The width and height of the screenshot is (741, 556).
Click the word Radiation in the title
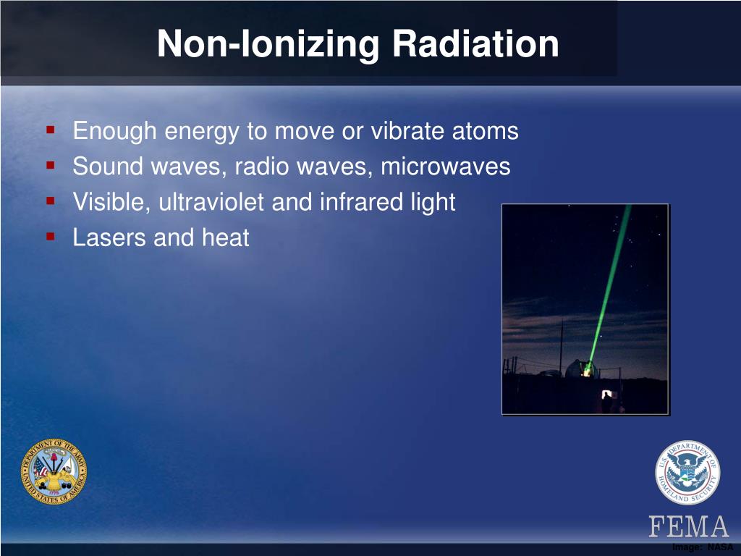point(475,44)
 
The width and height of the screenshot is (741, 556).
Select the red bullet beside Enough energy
point(51,129)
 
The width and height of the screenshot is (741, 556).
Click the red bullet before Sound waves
point(51,165)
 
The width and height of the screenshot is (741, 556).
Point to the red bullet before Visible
point(51,201)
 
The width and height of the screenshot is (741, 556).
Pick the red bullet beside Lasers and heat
point(51,236)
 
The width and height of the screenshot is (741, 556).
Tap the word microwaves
point(446,167)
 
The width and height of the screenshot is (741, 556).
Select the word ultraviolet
point(211,202)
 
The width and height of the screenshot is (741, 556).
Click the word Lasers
point(109,237)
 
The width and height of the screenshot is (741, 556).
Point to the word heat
point(226,237)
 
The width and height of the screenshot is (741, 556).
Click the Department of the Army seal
point(54,471)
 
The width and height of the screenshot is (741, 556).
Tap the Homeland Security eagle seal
point(687,473)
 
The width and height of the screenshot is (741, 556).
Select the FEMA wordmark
point(689,526)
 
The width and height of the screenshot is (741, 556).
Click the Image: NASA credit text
point(703,547)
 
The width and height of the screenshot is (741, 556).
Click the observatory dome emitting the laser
point(580,368)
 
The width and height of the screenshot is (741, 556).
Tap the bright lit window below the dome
point(606,393)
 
